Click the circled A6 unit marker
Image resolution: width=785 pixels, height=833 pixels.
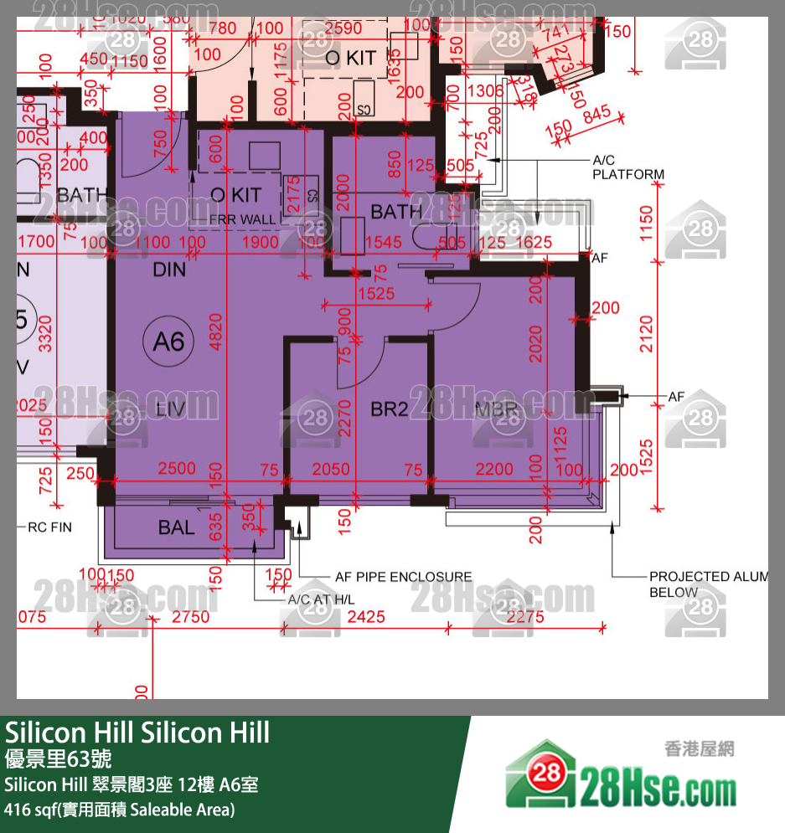(168, 341)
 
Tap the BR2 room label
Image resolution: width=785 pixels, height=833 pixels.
(390, 409)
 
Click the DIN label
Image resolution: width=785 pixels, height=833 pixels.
(170, 270)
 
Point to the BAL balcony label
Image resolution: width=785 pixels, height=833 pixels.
(176, 527)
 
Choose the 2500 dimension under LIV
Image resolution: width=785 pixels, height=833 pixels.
(176, 469)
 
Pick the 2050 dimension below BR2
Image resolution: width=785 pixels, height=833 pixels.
(330, 469)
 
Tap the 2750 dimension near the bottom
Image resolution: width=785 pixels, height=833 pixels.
(190, 617)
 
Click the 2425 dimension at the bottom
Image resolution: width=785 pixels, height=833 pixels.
(366, 617)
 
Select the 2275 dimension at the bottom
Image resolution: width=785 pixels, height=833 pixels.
(525, 617)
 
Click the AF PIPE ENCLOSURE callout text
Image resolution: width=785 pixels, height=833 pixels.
(403, 577)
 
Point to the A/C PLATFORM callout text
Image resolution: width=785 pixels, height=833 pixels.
(628, 167)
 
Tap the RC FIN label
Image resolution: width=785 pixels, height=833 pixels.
(50, 527)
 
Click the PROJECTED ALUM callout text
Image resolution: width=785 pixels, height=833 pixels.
(708, 577)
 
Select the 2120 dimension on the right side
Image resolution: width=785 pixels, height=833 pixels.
(646, 332)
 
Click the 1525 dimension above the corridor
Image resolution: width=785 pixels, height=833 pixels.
(375, 294)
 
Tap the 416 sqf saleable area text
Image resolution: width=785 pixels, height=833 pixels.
(120, 810)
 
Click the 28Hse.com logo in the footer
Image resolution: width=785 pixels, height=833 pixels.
(621, 779)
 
